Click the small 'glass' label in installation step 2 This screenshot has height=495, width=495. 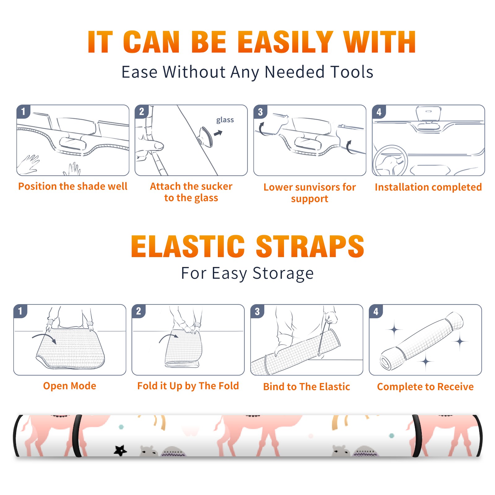pos(225,120)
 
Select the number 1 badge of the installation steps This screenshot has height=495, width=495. pos(23,111)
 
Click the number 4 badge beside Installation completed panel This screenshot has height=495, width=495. pos(379,112)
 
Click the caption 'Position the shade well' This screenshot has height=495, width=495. pos(73,186)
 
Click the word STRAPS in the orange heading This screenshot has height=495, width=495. pos(310,246)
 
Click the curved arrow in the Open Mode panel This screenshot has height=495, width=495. pos(44,338)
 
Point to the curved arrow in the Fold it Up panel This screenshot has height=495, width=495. pos(169,338)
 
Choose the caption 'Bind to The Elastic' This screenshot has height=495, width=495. pos(307,387)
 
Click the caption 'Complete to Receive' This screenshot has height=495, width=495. pos(425,387)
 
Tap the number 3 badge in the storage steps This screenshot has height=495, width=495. pos(257,311)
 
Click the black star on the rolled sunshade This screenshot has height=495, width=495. pos(120,450)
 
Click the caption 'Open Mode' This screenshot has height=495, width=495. pos(70,386)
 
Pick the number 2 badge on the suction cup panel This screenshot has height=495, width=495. pos(141,111)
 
